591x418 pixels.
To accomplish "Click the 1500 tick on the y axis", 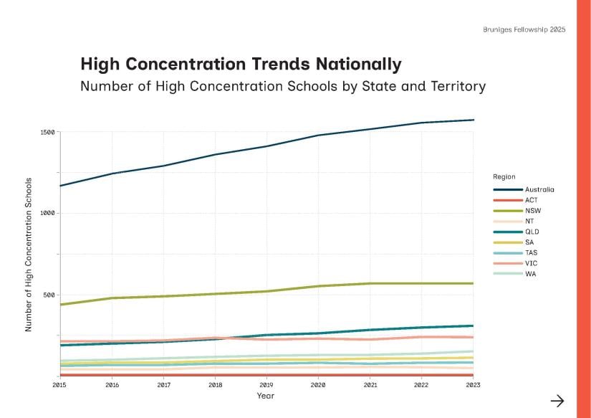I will [47, 132].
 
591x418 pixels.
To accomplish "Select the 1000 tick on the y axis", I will [47, 214].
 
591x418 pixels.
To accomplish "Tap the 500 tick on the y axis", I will [49, 295].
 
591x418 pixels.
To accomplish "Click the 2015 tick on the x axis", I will [60, 385].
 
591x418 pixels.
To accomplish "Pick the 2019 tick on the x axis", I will [266, 385].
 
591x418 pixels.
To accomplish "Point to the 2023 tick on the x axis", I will [473, 385].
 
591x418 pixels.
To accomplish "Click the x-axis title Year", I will [266, 396].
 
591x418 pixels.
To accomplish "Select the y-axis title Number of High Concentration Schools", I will [29, 254].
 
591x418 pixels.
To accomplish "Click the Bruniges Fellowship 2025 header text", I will [524, 30].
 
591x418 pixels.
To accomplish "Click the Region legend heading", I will [504, 176].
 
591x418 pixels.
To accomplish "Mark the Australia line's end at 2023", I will [473, 120].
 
